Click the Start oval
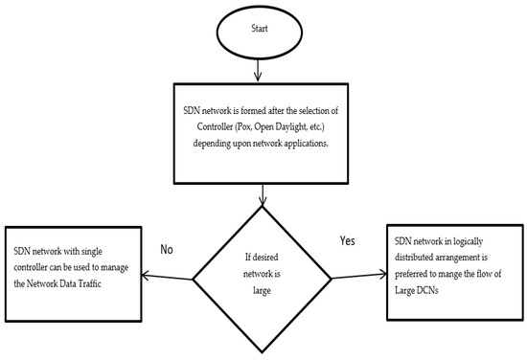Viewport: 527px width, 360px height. [x=260, y=28]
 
